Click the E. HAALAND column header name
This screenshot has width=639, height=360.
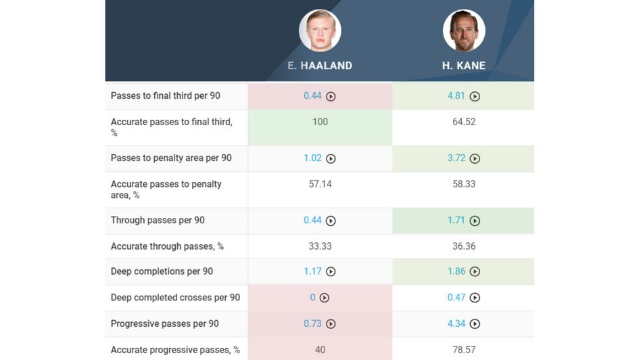coord(320,66)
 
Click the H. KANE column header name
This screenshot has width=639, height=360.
coord(464,66)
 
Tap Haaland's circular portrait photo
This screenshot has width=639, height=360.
coord(320,30)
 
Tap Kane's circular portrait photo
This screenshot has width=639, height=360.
coord(464,30)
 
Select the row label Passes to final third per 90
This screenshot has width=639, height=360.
coord(165,96)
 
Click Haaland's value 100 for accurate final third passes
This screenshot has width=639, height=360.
coord(320,122)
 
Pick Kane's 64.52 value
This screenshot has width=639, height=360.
coord(464,122)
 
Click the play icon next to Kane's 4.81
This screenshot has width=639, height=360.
coord(475,97)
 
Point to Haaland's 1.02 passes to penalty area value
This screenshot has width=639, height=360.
coord(312,158)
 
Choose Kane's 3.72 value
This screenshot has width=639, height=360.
coord(456,158)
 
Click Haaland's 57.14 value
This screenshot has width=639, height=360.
coord(320,184)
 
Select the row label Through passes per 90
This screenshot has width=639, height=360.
coord(158,220)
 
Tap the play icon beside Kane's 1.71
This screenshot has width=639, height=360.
coord(475,221)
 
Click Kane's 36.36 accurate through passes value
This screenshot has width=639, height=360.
coord(464,246)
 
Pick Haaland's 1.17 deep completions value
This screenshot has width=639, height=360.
coord(312,271)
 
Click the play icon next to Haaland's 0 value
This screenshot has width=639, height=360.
coord(324,298)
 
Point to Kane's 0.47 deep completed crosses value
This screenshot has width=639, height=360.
coord(456,297)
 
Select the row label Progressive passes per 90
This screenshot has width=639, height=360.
coord(164,323)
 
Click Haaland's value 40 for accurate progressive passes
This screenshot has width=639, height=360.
coord(320,350)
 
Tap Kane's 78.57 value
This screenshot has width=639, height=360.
coord(464,350)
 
